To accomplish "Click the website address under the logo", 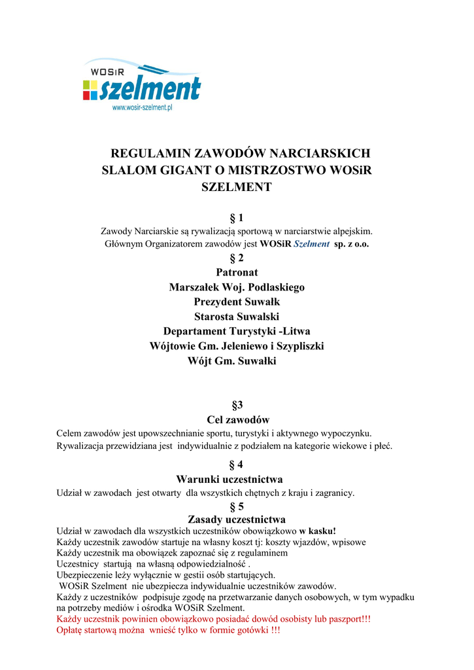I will [142, 107].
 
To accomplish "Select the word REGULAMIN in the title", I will [152, 154].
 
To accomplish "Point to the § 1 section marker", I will [237, 217].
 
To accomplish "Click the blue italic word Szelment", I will [311, 244].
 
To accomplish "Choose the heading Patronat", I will [237, 272].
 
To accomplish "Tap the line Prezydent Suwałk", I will [237, 302].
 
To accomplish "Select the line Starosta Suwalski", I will [237, 317].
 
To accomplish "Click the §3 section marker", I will [237, 405].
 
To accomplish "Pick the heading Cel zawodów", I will [237, 419].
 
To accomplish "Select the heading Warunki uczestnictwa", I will [237, 480].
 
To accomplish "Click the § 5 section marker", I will [237, 506].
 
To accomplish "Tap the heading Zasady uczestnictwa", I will [237, 520].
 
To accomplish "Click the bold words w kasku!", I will [318, 531].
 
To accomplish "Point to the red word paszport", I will [341, 619].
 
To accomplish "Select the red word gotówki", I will [247, 630].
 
